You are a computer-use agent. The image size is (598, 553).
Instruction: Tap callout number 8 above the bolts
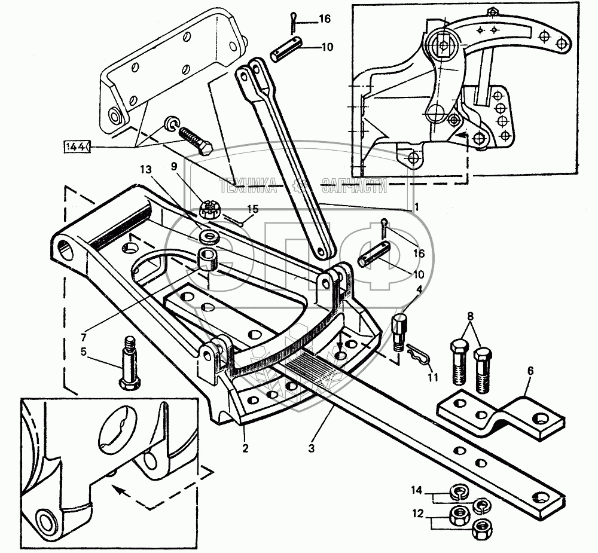(x=470, y=316)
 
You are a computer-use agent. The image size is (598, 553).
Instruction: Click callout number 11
(x=432, y=378)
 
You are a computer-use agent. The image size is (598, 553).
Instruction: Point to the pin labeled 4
(x=400, y=331)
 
